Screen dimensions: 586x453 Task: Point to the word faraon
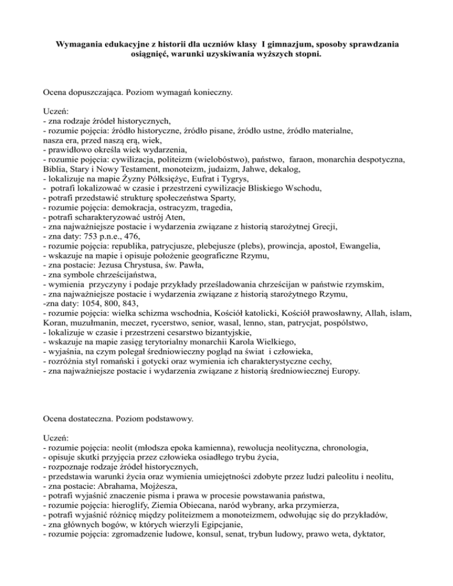312,140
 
